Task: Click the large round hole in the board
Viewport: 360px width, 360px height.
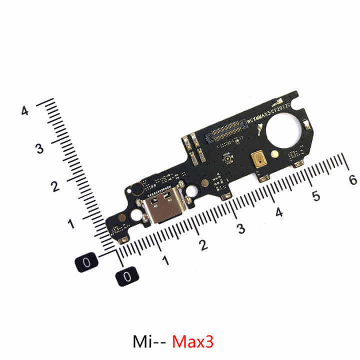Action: coord(283,131)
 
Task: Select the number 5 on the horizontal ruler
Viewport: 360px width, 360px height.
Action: coord(315,195)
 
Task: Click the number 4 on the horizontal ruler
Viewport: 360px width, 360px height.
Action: coord(278,212)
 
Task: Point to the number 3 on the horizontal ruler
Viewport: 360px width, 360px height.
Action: coord(241,229)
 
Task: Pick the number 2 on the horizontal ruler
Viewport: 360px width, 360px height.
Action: coord(203,245)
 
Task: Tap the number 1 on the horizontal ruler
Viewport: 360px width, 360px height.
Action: coord(165,260)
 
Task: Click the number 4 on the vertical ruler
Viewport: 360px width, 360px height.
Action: coord(24,111)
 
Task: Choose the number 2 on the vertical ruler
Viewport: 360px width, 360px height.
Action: coord(55,186)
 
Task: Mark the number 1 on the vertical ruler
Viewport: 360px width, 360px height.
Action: coord(71,223)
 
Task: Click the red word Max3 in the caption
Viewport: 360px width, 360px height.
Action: coord(192,341)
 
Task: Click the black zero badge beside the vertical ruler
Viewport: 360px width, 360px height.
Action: coord(87,261)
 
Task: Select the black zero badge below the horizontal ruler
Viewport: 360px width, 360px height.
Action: coord(127,275)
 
